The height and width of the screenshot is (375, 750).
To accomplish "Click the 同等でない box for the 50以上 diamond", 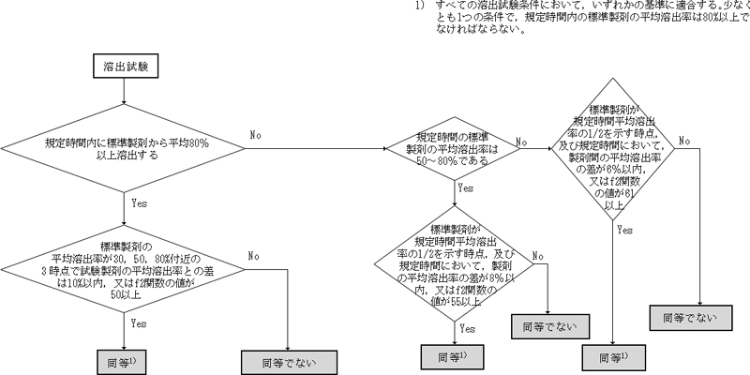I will coord(285,361).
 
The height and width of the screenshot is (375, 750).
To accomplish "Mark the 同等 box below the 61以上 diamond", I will coord(613,358).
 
